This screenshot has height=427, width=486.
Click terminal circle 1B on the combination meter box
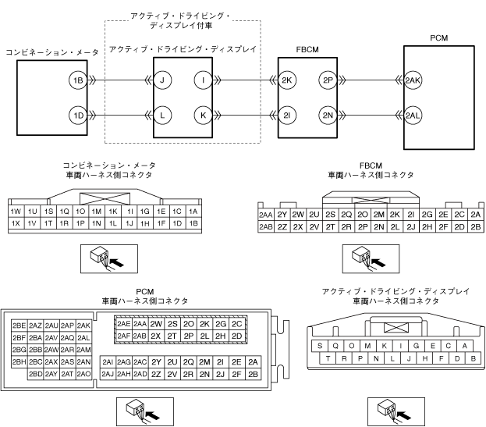(x=76, y=80)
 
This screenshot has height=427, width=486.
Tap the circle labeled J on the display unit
(x=161, y=80)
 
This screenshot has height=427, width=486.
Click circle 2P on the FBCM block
(x=328, y=80)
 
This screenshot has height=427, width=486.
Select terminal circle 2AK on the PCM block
(x=413, y=80)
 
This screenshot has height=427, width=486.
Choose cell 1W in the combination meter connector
(x=16, y=212)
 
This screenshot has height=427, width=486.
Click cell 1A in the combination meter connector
(x=193, y=212)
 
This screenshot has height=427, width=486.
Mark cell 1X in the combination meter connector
(x=16, y=223)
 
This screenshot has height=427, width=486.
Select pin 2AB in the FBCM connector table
(x=265, y=227)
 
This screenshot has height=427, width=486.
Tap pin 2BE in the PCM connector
(x=20, y=325)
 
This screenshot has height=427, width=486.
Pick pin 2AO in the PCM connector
(x=84, y=374)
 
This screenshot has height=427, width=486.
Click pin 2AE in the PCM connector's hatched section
(x=123, y=323)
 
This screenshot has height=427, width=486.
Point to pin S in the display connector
(x=320, y=346)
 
